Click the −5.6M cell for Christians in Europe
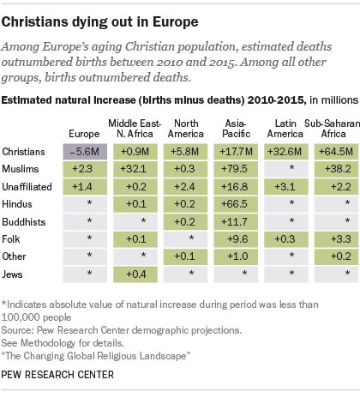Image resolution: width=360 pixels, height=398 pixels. coord(85,152)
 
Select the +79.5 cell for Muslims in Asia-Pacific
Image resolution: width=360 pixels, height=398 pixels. coord(236,169)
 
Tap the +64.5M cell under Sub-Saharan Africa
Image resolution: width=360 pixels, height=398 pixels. coord(336,152)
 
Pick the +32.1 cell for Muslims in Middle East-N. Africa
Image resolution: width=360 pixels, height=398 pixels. coord(135,169)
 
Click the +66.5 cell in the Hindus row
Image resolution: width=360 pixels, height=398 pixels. coord(236,204)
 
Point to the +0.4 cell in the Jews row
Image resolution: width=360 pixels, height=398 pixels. coord(135,274)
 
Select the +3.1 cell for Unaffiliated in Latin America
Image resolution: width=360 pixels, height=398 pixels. coord(286,187)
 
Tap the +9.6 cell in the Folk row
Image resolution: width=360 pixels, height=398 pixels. coord(236,239)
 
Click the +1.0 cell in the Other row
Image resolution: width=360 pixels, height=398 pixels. coord(236,256)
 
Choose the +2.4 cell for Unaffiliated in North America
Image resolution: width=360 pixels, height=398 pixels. coord(185,187)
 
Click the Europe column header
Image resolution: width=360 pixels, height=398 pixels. coord(84,134)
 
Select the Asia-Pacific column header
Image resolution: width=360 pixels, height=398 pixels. coord(236,129)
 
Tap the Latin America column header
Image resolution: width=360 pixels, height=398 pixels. coord(285,129)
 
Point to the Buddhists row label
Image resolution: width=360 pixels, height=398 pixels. coord(24,222)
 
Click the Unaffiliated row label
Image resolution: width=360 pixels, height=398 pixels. coord(27,187)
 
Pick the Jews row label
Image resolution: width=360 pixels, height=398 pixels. coord(12,274)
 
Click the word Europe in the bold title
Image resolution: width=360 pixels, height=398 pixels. coord(175,22)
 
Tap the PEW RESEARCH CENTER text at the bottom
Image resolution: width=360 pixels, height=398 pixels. coord(57,375)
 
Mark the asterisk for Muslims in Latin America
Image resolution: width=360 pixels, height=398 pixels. coord(291,168)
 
